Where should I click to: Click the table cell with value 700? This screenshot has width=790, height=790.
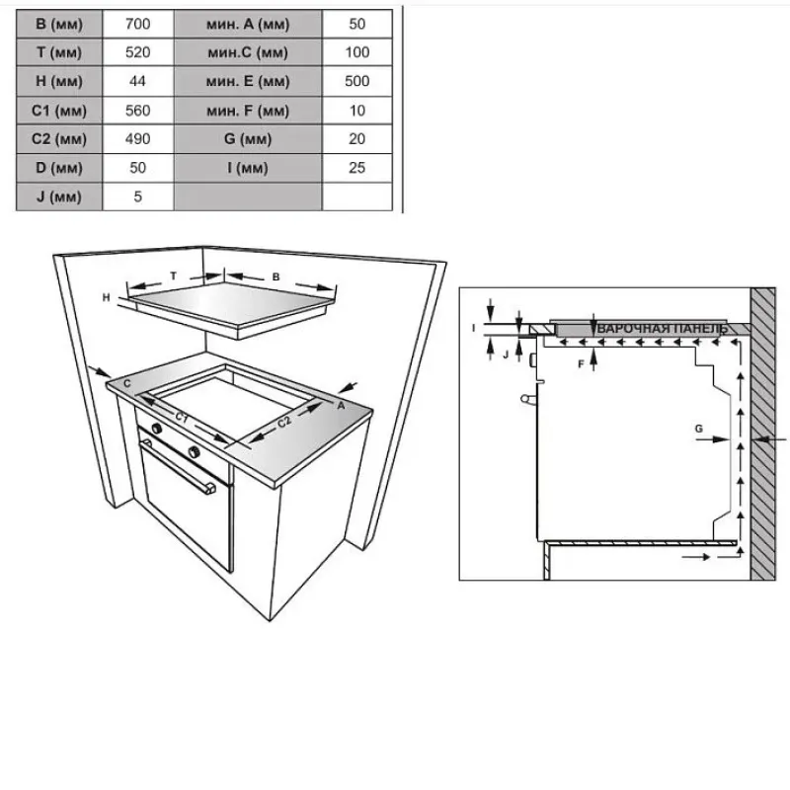(x=137, y=24)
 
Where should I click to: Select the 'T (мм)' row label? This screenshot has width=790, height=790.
(x=59, y=52)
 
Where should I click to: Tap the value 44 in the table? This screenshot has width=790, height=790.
(x=137, y=81)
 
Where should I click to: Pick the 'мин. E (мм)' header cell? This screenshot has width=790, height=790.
(x=248, y=81)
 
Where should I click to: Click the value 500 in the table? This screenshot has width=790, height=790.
(x=357, y=81)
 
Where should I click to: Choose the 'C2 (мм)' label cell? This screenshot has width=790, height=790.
(x=59, y=139)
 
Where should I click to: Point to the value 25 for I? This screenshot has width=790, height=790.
(x=357, y=168)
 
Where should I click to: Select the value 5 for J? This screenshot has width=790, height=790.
(x=137, y=197)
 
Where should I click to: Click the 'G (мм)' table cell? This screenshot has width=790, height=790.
(x=248, y=139)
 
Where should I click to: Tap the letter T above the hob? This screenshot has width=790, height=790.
(x=174, y=276)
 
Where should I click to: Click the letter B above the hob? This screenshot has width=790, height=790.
(x=276, y=277)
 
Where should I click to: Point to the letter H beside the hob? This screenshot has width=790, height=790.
(x=106, y=298)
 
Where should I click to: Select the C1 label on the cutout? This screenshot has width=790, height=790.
(x=182, y=418)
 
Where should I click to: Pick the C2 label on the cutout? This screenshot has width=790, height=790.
(x=284, y=422)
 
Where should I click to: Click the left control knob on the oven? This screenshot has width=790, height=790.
(x=157, y=429)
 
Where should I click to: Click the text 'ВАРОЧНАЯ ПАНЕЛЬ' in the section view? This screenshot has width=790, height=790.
(x=662, y=329)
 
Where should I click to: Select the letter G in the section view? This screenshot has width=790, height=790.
(x=699, y=429)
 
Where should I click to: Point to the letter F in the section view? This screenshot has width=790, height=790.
(x=581, y=363)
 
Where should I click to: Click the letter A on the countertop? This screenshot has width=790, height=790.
(x=341, y=405)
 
